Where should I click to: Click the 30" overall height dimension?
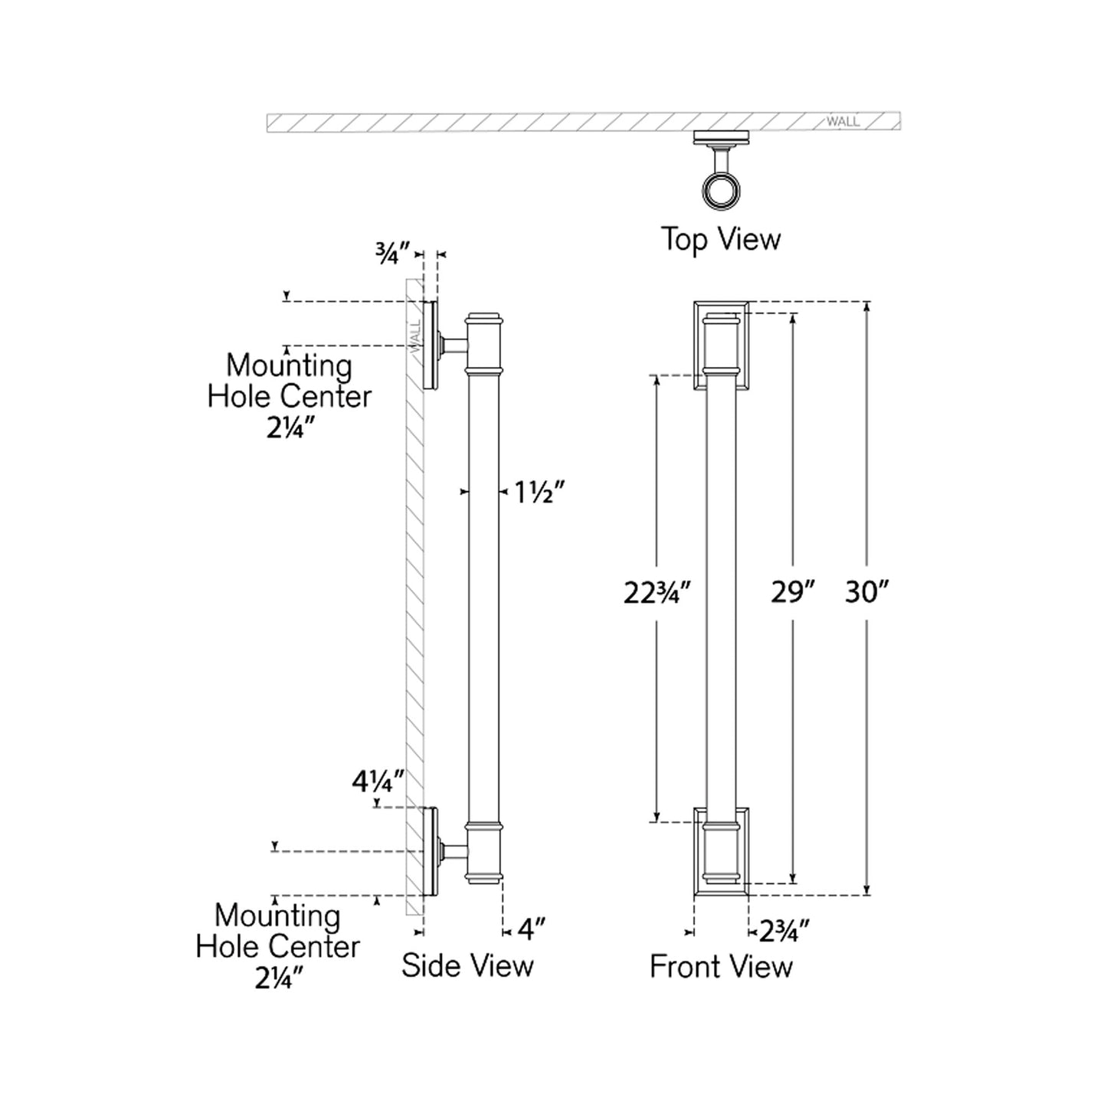866,592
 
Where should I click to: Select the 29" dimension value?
792,592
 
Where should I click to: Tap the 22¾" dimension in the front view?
657,593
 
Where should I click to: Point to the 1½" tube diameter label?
539,493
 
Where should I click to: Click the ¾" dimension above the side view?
392,253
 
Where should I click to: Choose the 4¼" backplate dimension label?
378,782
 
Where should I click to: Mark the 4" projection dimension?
531,930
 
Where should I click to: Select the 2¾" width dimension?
784,932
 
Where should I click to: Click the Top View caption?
721,239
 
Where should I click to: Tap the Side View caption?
467,965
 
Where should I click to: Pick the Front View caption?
721,966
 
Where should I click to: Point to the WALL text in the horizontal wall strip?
843,122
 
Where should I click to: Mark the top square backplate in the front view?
721,345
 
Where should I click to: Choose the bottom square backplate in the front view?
721,851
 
